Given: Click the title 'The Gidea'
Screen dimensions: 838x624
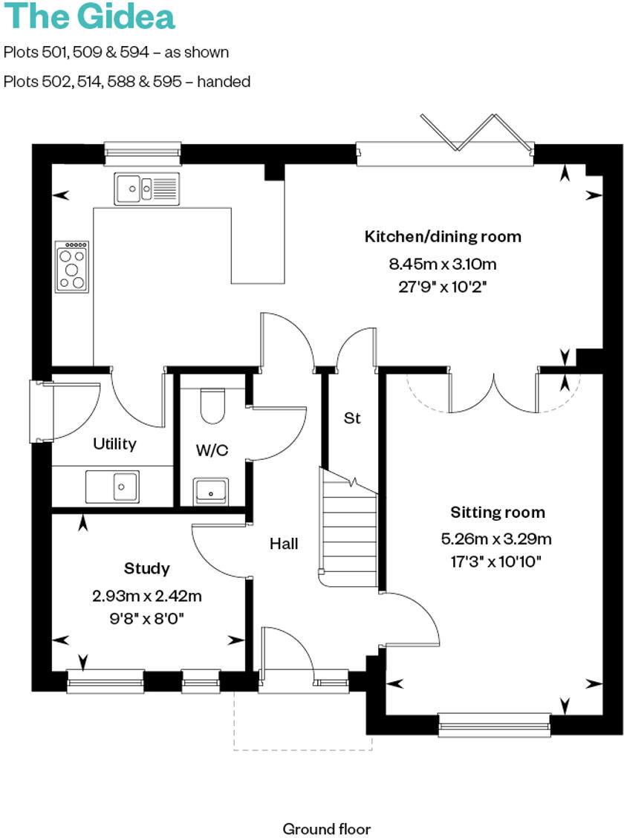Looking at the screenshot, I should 89,16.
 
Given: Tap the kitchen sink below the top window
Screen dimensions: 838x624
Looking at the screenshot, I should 146,188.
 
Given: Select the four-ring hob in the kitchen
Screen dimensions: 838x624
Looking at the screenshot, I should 71,266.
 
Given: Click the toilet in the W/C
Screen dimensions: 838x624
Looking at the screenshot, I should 213,405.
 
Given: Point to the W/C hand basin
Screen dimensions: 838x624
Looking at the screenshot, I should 212,491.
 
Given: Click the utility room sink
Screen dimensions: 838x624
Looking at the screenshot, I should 112,487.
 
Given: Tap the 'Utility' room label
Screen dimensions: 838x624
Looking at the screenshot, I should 114,444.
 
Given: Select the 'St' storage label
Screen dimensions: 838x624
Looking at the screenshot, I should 351,418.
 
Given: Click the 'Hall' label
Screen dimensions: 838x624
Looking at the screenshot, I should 284,545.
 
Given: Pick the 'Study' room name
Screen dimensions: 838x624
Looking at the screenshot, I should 146,568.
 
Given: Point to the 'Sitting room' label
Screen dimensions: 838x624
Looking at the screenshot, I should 498,513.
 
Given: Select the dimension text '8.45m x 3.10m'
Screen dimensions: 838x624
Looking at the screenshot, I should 443,264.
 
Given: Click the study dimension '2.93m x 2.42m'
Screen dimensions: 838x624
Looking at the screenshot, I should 147,596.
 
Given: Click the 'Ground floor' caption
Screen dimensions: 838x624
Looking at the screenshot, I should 326,828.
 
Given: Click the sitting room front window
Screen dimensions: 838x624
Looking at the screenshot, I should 494,724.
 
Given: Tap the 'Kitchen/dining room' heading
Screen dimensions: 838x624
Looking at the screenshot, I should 443,237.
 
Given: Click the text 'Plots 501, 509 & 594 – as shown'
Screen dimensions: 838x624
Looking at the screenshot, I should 117,52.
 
